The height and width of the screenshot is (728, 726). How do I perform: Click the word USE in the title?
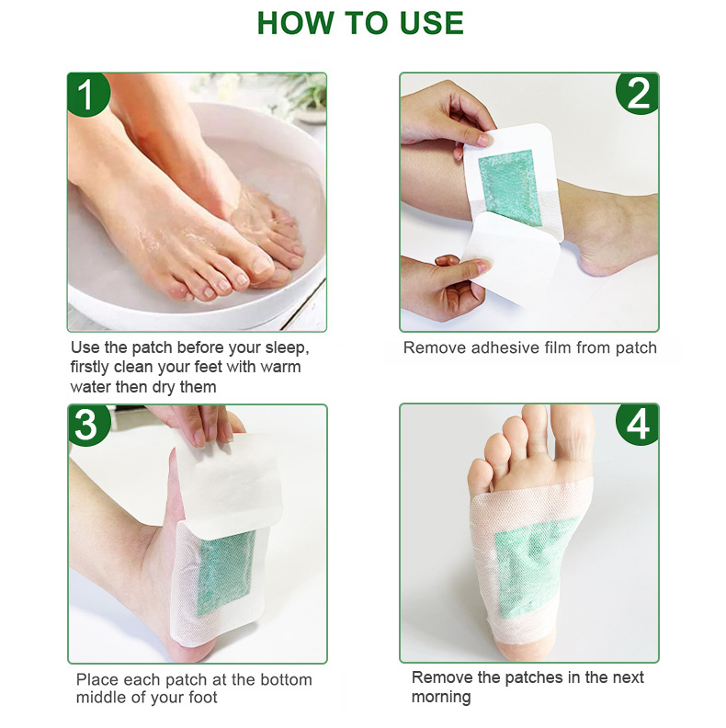(431, 23)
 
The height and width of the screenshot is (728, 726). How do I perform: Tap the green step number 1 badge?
(87, 94)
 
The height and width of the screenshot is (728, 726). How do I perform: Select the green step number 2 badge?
(638, 94)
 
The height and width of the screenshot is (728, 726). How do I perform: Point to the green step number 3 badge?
(87, 425)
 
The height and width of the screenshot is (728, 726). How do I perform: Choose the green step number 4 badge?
(638, 424)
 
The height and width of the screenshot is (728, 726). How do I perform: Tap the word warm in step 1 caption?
(280, 367)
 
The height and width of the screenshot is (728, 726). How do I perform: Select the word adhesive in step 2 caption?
(505, 347)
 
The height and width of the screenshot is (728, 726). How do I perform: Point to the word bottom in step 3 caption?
(286, 679)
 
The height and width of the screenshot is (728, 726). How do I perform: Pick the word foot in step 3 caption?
(203, 698)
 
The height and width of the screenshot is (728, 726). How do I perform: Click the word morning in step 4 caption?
(441, 697)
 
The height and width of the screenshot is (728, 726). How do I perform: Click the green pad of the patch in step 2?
(510, 188)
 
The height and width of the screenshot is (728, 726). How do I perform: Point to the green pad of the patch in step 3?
(227, 573)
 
